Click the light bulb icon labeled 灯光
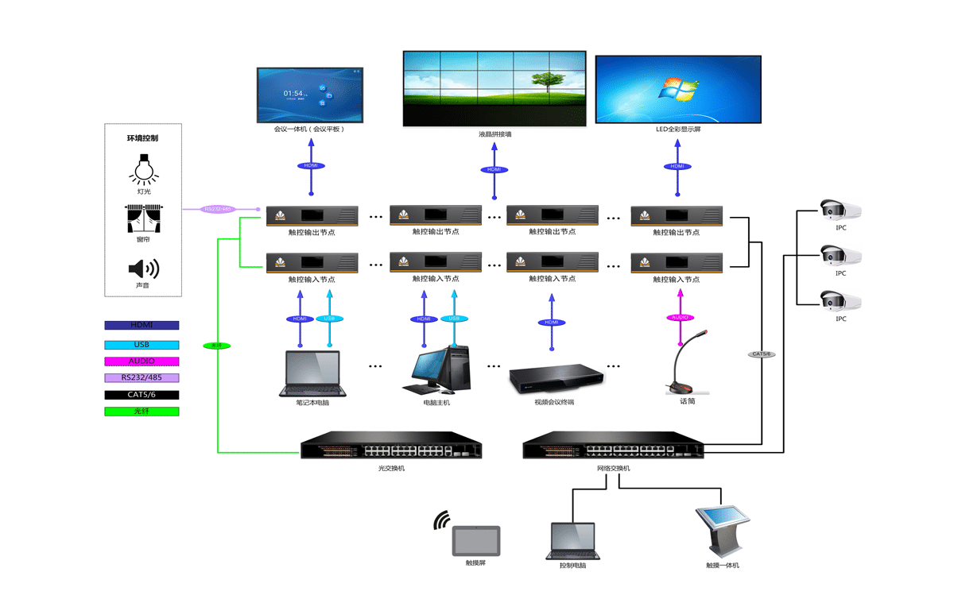(143, 168)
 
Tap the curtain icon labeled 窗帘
(143, 218)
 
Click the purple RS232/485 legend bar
(142, 377)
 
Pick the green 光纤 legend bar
(142, 412)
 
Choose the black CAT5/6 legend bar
(142, 395)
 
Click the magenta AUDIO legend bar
(142, 361)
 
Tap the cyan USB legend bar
(142, 345)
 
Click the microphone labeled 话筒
(681, 365)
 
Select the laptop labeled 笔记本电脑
(312, 373)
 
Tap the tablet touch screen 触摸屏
(475, 541)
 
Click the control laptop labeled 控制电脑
(572, 541)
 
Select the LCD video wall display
(494, 88)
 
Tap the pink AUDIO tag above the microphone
(681, 318)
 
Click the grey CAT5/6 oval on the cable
(762, 354)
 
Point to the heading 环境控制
(143, 138)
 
